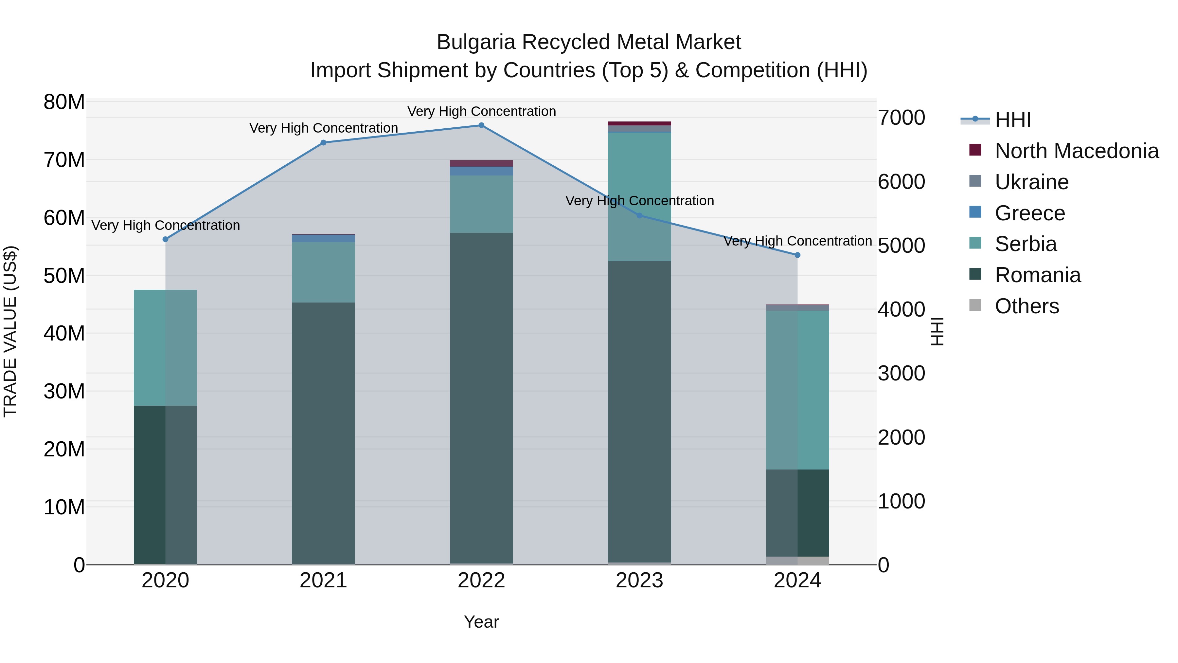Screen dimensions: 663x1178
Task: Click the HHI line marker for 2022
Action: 481,125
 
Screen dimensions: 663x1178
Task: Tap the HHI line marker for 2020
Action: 166,239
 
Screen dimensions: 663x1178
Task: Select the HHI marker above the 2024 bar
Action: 797,255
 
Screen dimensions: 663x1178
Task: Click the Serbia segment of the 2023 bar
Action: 639,197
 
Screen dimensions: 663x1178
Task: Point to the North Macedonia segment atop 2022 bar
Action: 481,163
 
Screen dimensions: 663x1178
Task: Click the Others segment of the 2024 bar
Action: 797,561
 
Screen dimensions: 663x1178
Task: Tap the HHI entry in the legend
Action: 1012,120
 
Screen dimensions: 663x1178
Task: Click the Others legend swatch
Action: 975,305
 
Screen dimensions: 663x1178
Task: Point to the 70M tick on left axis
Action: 64,160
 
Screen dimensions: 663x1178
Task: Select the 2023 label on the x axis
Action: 639,580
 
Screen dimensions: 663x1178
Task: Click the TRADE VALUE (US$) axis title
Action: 10,331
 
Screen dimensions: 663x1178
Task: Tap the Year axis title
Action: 481,622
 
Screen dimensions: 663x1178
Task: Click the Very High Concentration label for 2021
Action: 323,128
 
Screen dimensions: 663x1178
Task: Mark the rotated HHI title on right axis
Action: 937,331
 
